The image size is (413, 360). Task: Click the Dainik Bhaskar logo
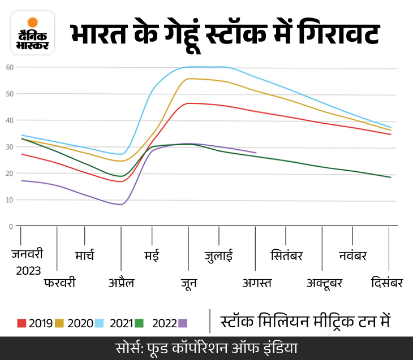coord(33,33)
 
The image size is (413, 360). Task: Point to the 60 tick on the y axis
coord(10,67)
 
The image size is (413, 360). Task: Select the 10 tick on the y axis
coord(10,200)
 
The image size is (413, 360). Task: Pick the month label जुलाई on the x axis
coord(218,255)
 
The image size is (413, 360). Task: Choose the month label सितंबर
coord(286,255)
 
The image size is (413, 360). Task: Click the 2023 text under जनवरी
coord(28,271)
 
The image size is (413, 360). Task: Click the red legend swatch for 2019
coord(21,323)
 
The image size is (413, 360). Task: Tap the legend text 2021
coord(121,323)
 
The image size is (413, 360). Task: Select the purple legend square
coord(183,323)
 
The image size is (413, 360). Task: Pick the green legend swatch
coord(139,323)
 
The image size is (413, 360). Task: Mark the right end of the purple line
coord(256,153)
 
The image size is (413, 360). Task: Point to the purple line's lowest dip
coord(121,204)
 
